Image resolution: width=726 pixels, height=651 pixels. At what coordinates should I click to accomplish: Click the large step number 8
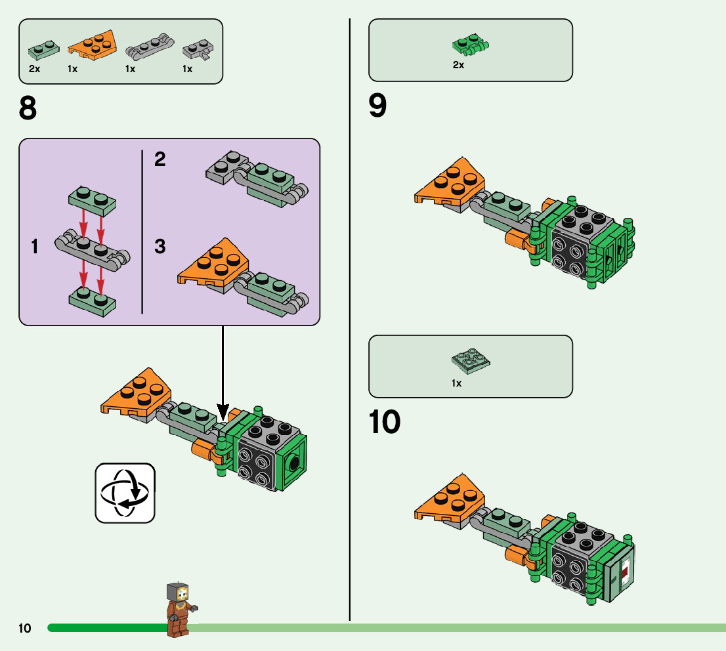pyautogui.click(x=28, y=109)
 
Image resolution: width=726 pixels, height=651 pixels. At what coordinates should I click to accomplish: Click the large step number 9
pyautogui.click(x=378, y=106)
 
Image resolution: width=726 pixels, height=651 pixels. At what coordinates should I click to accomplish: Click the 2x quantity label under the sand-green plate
pyautogui.click(x=34, y=69)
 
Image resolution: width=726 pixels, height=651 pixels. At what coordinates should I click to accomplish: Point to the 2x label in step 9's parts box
pyautogui.click(x=458, y=65)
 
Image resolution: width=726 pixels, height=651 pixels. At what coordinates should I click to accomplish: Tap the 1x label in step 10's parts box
pyautogui.click(x=457, y=383)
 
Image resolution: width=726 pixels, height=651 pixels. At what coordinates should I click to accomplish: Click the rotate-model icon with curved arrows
pyautogui.click(x=125, y=492)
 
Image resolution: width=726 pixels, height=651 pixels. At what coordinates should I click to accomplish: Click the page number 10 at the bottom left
pyautogui.click(x=25, y=629)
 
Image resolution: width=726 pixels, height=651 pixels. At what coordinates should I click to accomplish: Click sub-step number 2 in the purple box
pyautogui.click(x=160, y=159)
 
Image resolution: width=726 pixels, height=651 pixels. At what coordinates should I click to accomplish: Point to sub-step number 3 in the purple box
pyautogui.click(x=160, y=247)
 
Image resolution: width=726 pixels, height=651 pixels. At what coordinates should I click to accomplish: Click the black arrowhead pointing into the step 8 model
pyautogui.click(x=223, y=413)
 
